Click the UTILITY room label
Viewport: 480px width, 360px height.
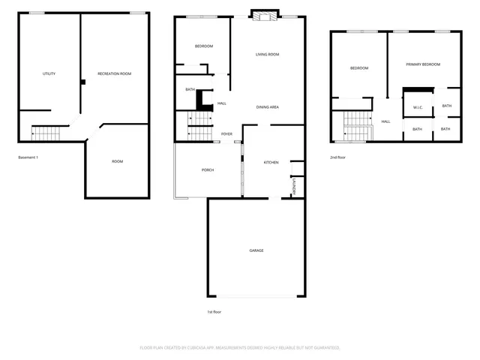[49, 73]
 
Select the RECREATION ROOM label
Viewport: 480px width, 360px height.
[115, 73]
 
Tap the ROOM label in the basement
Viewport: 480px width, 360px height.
[118, 161]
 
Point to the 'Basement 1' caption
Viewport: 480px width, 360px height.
[28, 157]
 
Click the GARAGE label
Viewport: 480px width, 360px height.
[256, 250]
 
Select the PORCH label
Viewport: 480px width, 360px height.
[208, 170]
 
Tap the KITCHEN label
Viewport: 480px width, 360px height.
[271, 163]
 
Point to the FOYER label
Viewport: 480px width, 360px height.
[226, 134]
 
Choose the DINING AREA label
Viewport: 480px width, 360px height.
[268, 107]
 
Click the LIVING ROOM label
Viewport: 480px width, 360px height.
[267, 54]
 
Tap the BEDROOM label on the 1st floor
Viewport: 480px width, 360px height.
[204, 46]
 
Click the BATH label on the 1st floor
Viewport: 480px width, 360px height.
[190, 90]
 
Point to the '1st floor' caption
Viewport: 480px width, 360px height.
[214, 311]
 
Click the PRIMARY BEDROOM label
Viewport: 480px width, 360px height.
[423, 64]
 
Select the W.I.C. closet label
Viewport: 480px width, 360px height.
[418, 107]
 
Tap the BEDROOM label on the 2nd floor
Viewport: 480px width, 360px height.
[359, 68]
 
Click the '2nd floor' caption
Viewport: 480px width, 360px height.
[338, 157]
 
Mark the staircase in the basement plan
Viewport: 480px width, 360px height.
[44, 134]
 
